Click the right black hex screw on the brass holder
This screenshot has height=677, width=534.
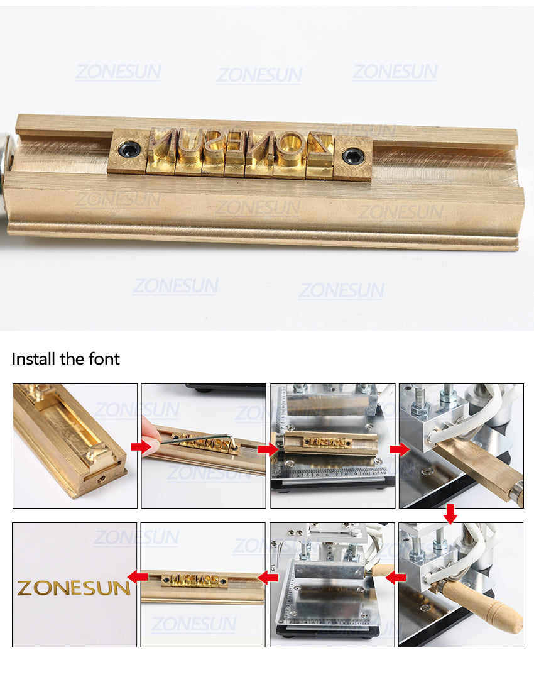352,155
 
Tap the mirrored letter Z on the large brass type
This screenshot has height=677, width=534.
319,144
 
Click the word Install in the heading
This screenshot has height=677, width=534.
34,359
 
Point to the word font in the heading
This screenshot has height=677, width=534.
104,359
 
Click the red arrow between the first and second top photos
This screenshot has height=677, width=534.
141,447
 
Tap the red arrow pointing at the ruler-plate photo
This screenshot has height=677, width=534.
268,449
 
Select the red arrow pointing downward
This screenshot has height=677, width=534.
450,514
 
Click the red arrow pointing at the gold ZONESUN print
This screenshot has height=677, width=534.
138,577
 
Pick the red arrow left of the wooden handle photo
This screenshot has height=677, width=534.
396,577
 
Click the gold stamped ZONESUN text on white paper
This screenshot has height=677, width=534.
74,588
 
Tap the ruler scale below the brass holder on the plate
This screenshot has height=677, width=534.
332,473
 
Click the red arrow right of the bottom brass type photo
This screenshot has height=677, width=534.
268,577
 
